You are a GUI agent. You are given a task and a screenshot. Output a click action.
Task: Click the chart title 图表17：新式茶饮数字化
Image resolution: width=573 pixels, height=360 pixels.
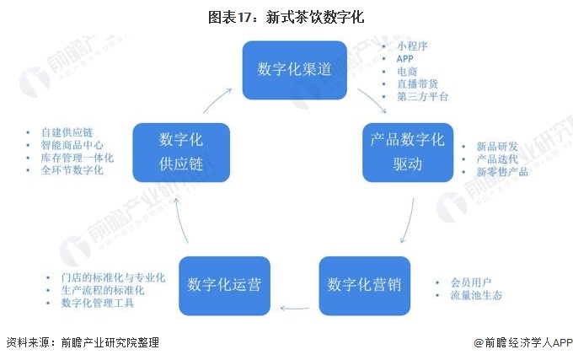(x=286, y=16)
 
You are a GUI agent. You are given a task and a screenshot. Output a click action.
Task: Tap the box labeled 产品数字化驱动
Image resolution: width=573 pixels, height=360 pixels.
(x=407, y=152)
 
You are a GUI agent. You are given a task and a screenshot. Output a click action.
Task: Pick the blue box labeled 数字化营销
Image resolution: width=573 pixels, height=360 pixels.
(x=364, y=284)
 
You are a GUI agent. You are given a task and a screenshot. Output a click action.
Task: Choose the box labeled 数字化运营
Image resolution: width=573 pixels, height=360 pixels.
(x=223, y=284)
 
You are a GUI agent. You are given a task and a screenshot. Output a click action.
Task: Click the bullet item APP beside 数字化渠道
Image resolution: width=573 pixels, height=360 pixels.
(x=406, y=59)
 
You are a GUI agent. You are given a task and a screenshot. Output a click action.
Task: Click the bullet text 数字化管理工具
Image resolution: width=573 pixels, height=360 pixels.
(x=97, y=303)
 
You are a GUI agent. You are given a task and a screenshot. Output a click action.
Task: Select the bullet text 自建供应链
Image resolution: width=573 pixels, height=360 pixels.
(x=68, y=132)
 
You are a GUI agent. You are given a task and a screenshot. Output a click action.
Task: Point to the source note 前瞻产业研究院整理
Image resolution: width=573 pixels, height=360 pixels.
(x=104, y=343)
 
